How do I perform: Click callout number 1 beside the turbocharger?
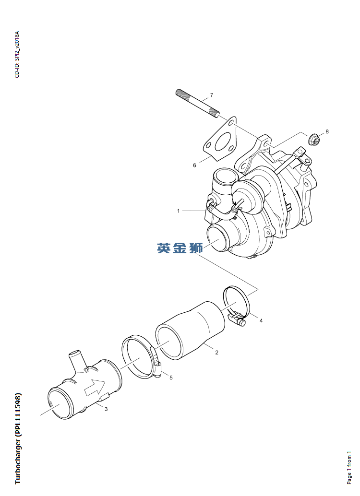[178, 211]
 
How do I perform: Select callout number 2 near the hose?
[216, 353]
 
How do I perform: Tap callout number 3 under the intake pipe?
[106, 409]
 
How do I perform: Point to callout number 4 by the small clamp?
[261, 320]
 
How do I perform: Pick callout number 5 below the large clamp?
[170, 377]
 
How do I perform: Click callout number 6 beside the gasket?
[194, 165]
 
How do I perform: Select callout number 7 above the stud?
[211, 94]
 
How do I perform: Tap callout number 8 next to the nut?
[327, 131]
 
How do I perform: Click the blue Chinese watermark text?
[180, 248]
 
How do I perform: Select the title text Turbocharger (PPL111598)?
[18, 438]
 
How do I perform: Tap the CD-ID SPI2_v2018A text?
[17, 55]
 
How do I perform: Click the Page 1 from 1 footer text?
[349, 467]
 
